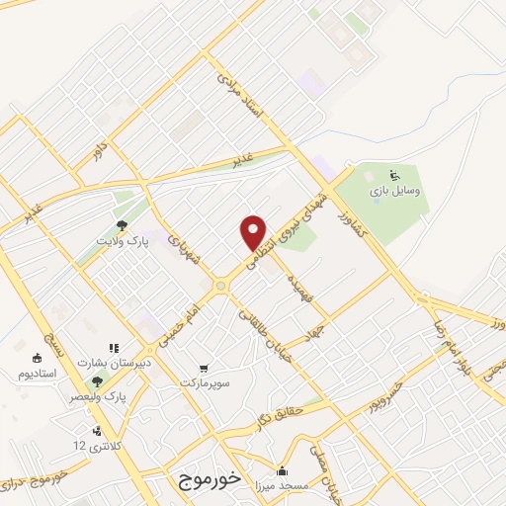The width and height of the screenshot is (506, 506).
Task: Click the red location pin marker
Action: tap(254, 232)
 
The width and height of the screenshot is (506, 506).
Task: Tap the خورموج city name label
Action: tap(211, 479)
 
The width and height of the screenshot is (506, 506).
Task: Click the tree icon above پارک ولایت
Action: tap(122, 226)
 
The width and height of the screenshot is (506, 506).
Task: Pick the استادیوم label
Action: tap(38, 375)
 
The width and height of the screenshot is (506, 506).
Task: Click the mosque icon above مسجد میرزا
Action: tap(283, 470)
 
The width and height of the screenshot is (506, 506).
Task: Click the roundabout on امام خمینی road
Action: tap(220, 286)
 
